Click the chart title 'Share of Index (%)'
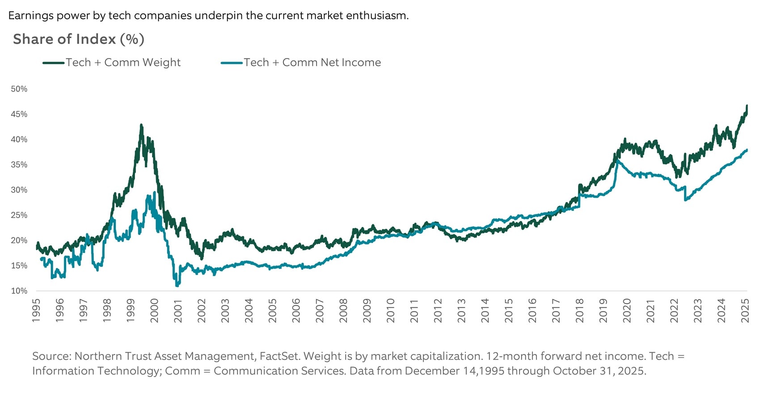(x=79, y=39)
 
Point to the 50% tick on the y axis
(x=19, y=89)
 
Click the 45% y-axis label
(x=19, y=114)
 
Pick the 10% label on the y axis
(x=19, y=291)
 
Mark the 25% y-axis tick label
(x=19, y=215)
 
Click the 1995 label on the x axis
(x=36, y=310)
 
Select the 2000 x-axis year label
(x=154, y=310)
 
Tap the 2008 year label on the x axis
(x=343, y=310)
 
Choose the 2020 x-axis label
(x=627, y=310)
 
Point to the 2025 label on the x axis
(x=745, y=310)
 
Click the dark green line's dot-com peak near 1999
(x=141, y=126)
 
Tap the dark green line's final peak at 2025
(x=747, y=106)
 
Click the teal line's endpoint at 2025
(x=747, y=150)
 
